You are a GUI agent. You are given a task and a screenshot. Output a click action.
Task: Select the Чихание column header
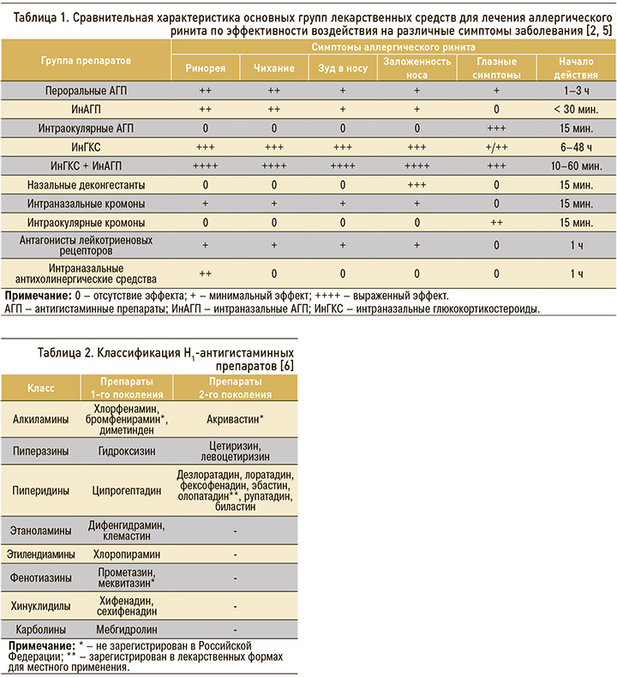274,68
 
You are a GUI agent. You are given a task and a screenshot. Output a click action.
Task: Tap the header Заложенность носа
416,68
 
